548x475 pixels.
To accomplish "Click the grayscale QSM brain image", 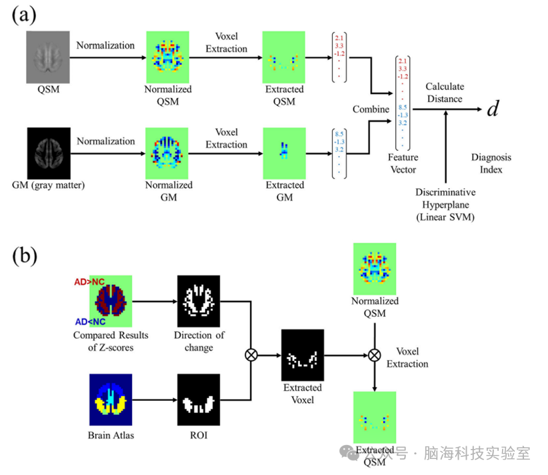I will tap(48, 57).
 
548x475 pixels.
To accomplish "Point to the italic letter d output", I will tap(493, 109).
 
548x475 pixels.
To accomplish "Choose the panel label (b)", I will tap(25, 255).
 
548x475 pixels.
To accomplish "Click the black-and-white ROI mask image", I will tap(198, 400).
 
